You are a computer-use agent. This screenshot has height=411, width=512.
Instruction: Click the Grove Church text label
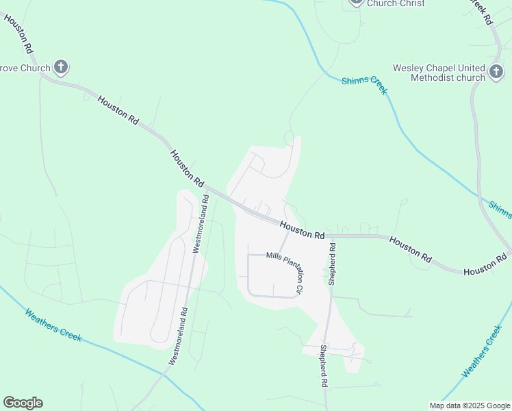(25, 68)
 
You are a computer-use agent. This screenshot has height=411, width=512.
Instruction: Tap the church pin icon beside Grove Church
(61, 67)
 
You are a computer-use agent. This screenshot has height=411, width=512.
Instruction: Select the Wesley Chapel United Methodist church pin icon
(496, 72)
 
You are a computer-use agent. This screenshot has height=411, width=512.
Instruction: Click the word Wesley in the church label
(409, 68)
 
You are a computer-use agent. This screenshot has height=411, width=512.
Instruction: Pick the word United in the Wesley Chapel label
(469, 68)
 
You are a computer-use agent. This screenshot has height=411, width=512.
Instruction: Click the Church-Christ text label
(396, 3)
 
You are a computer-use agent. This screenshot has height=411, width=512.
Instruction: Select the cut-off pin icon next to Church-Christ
(355, 2)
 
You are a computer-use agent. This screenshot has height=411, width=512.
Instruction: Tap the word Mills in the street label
(274, 256)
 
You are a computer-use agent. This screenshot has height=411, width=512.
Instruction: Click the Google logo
(23, 403)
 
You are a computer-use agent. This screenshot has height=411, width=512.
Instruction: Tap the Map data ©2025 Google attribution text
(469, 406)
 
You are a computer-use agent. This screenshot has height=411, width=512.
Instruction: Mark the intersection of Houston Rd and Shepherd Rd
(332, 236)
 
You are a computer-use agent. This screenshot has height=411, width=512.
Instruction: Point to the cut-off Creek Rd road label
(482, 12)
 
